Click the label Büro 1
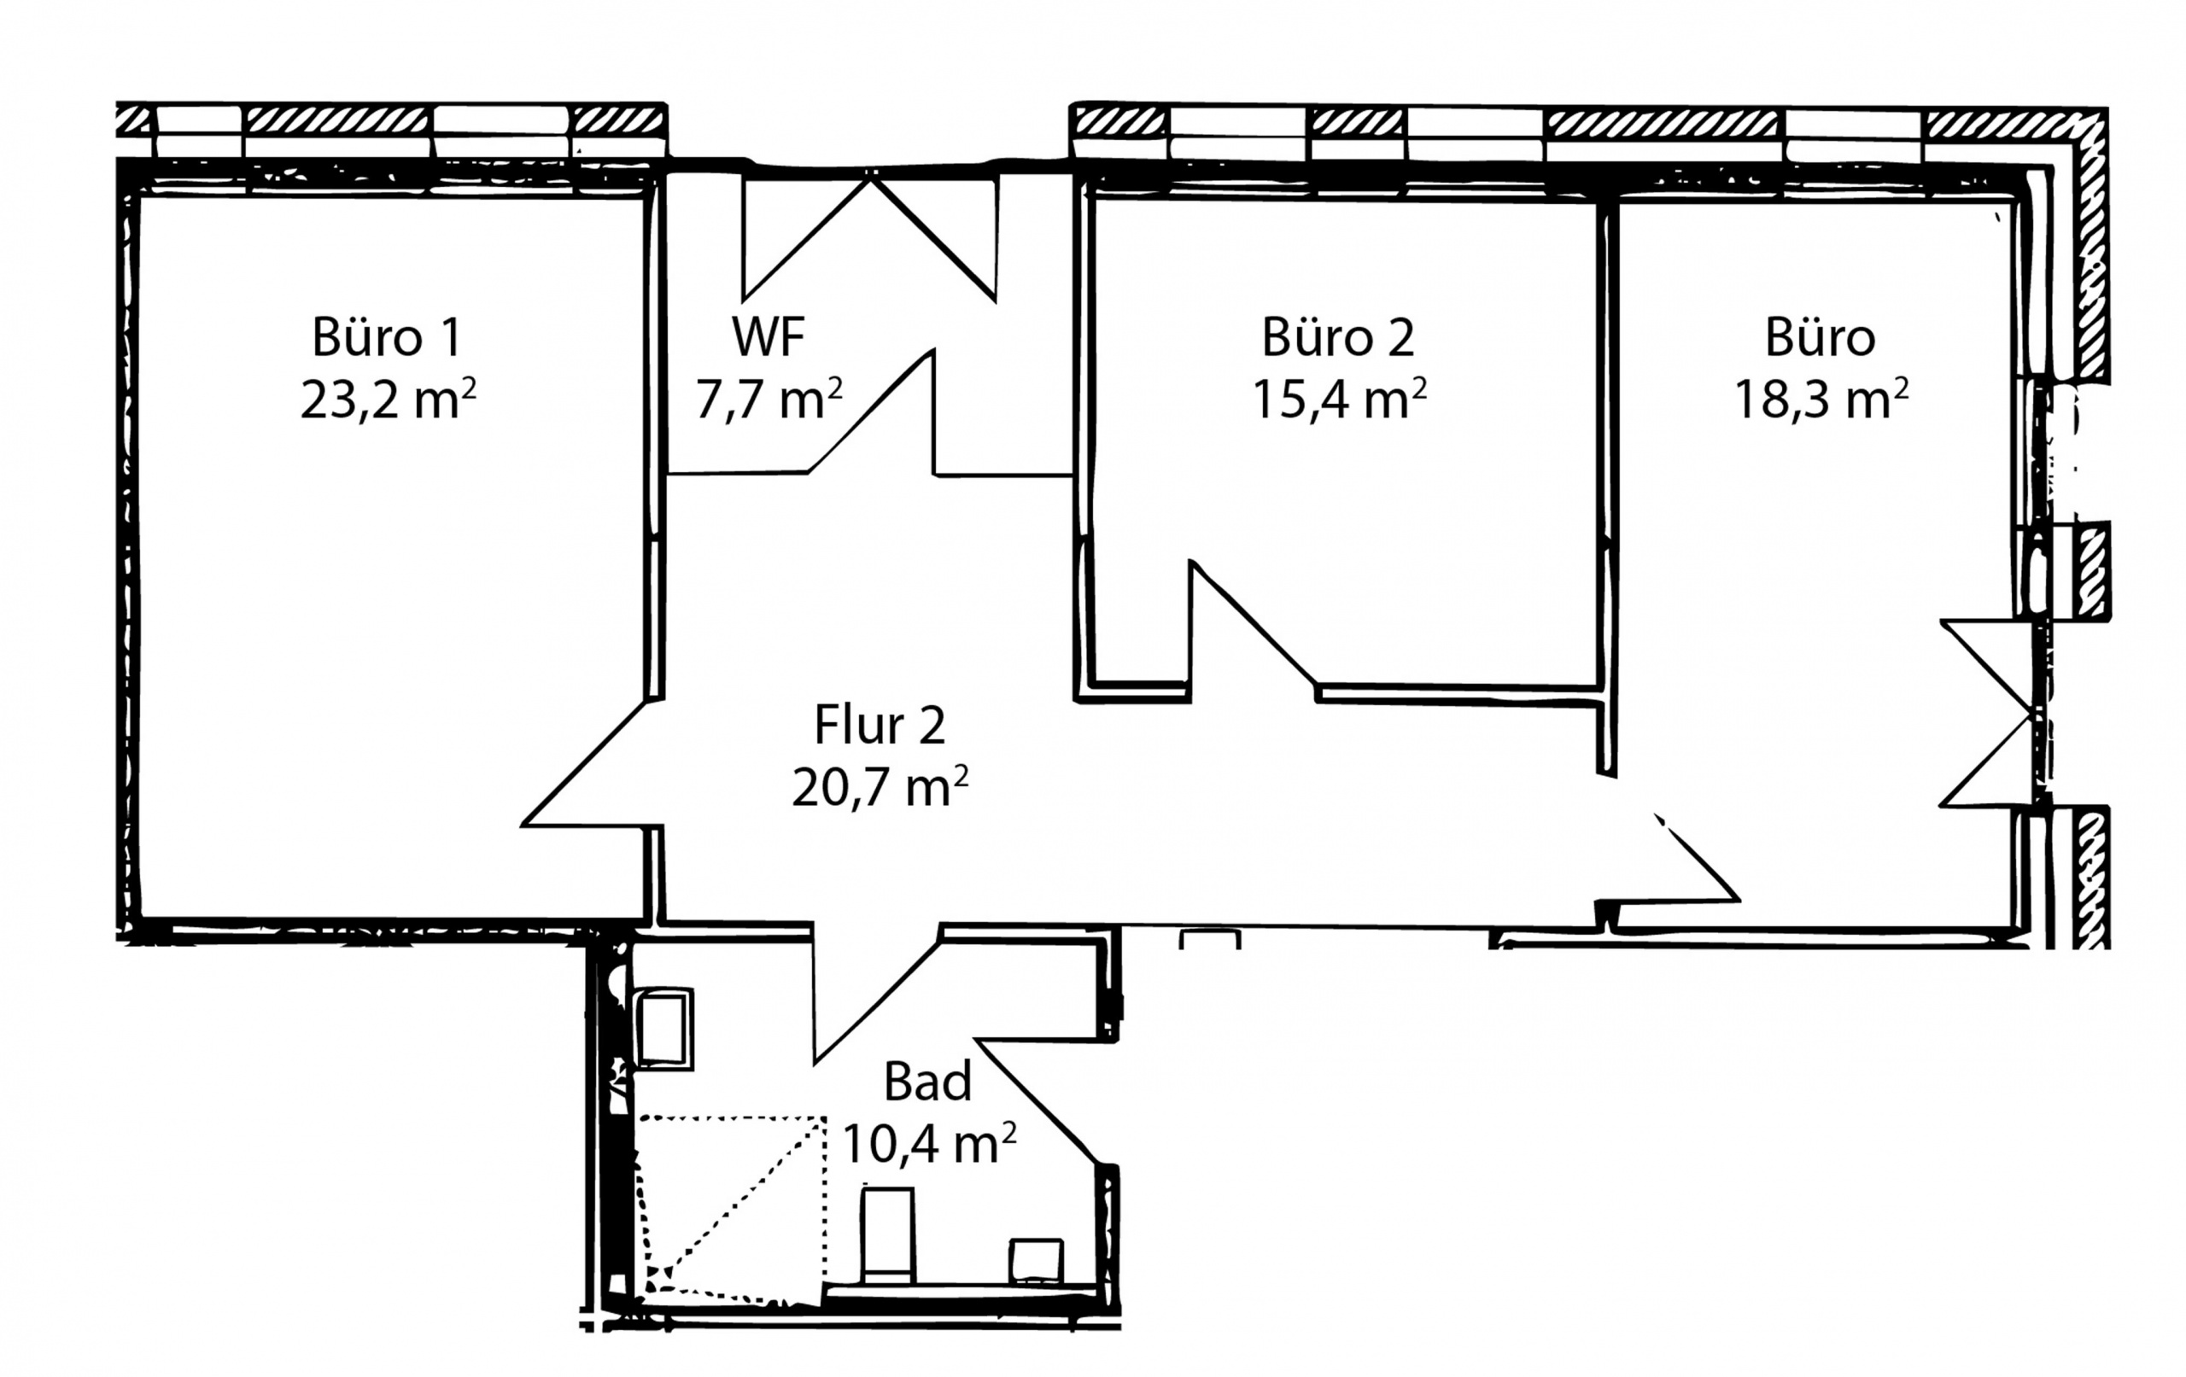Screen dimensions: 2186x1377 pyautogui.click(x=387, y=338)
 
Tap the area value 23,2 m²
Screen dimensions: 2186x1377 pyautogui.click(x=389, y=400)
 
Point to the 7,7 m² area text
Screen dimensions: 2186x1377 pyautogui.click(x=768, y=400)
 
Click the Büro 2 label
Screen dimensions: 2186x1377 pyautogui.click(x=1338, y=338)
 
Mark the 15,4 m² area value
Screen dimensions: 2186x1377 pyautogui.click(x=1340, y=400)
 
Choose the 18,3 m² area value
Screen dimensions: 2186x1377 pyautogui.click(x=1821, y=400)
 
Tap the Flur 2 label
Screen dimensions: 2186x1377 pyautogui.click(x=880, y=726)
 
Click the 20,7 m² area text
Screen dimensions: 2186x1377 pyautogui.click(x=880, y=787)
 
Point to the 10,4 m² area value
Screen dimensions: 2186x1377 pyautogui.click(x=930, y=1144)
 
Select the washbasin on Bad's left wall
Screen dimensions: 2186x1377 pyautogui.click(x=663, y=1029)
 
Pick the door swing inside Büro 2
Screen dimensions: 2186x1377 pyautogui.click(x=1253, y=630)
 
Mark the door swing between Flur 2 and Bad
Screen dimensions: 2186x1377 pyautogui.click(x=877, y=993)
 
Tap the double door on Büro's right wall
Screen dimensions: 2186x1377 pyautogui.click(x=1986, y=714)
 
